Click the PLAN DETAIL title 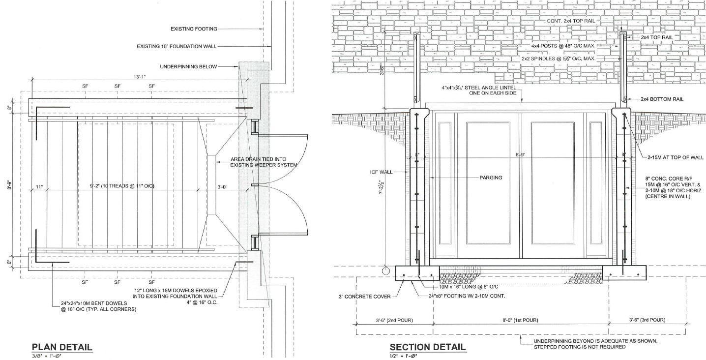pos(62,347)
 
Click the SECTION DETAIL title pos(428,347)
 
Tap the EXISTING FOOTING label pos(194,29)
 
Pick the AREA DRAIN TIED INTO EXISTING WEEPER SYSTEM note pos(264,162)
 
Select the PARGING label pos(490,178)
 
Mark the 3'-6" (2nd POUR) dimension pos(393,320)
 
